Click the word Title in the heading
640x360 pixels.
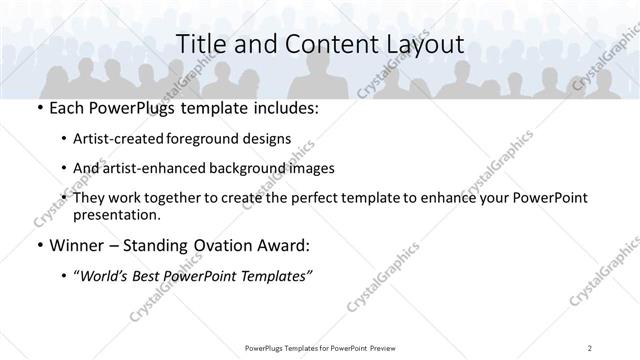click(x=201, y=44)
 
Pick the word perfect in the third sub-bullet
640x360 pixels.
click(x=299, y=198)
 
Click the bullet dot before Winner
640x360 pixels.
click(x=38, y=246)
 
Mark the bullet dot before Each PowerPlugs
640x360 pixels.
click(x=38, y=108)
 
